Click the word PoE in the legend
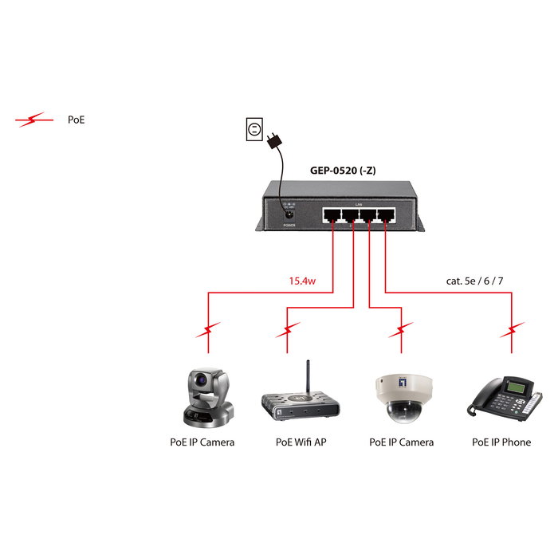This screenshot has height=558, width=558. point(76,120)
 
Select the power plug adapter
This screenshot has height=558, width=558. point(275,141)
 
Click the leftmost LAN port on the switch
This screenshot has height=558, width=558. point(330,215)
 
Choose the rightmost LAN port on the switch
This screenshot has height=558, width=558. point(385,215)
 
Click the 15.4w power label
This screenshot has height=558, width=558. point(304,281)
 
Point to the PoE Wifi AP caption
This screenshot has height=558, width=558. point(301,442)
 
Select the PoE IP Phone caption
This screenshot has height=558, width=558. point(501,442)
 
